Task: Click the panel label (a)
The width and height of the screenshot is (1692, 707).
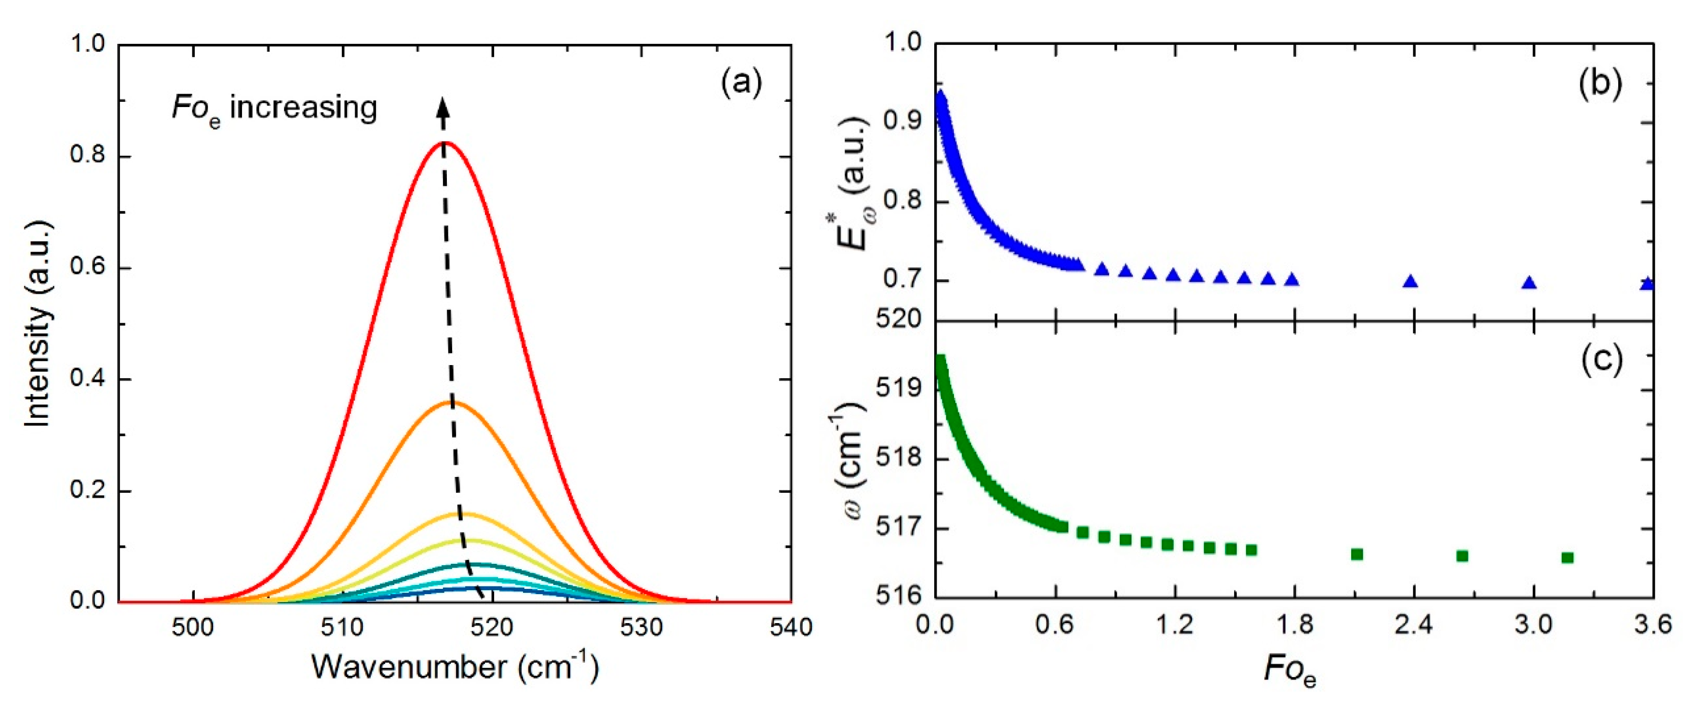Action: click(x=741, y=83)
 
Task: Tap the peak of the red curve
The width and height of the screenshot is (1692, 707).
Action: click(x=444, y=142)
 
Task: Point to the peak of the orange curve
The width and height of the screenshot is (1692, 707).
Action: click(x=451, y=402)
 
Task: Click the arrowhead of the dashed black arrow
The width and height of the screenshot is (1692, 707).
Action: click(x=443, y=105)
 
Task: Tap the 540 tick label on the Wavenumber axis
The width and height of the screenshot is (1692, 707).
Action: click(x=791, y=627)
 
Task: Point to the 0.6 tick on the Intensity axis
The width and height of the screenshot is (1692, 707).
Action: click(x=89, y=269)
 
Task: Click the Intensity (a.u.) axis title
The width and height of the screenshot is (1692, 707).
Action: click(x=38, y=324)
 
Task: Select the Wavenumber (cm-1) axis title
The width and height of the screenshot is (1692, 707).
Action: click(x=455, y=667)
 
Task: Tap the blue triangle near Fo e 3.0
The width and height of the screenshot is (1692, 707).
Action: click(x=1529, y=283)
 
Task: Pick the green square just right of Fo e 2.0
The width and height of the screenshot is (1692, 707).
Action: click(x=1357, y=555)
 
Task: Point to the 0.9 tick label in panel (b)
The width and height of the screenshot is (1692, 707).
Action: click(x=902, y=122)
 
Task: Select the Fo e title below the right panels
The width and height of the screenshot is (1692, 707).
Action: click(x=1290, y=671)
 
